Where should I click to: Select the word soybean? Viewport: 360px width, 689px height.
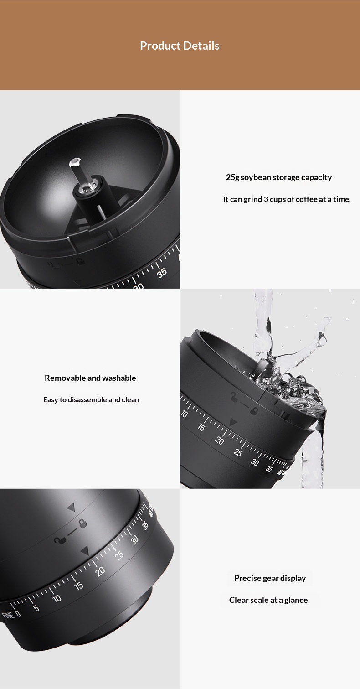(255, 177)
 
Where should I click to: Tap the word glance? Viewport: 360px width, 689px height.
(296, 600)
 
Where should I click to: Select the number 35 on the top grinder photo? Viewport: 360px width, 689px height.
(162, 273)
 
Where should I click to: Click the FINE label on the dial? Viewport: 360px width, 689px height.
(8, 616)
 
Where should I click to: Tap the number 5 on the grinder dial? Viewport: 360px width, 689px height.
(36, 608)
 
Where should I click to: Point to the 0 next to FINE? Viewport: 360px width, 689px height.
(18, 614)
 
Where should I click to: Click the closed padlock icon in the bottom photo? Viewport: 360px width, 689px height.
(82, 523)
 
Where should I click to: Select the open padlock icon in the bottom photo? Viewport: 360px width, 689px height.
(60, 540)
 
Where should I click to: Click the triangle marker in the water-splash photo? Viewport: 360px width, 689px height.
(233, 422)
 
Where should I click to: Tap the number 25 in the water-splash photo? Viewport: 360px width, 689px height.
(237, 453)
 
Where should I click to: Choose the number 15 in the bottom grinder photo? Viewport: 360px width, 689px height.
(79, 585)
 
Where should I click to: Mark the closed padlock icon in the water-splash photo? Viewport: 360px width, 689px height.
(254, 411)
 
